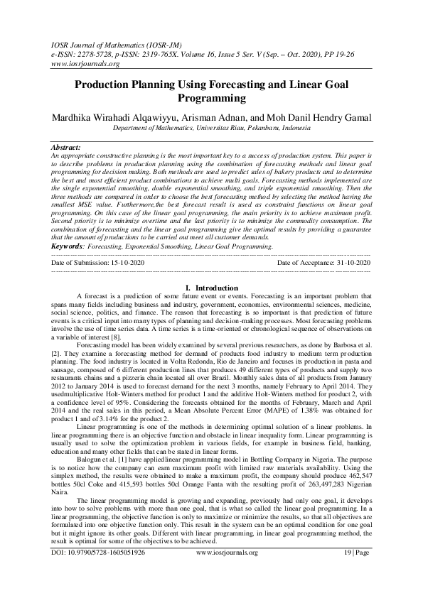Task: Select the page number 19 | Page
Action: coord(355,571)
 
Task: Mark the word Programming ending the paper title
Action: coord(211,97)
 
